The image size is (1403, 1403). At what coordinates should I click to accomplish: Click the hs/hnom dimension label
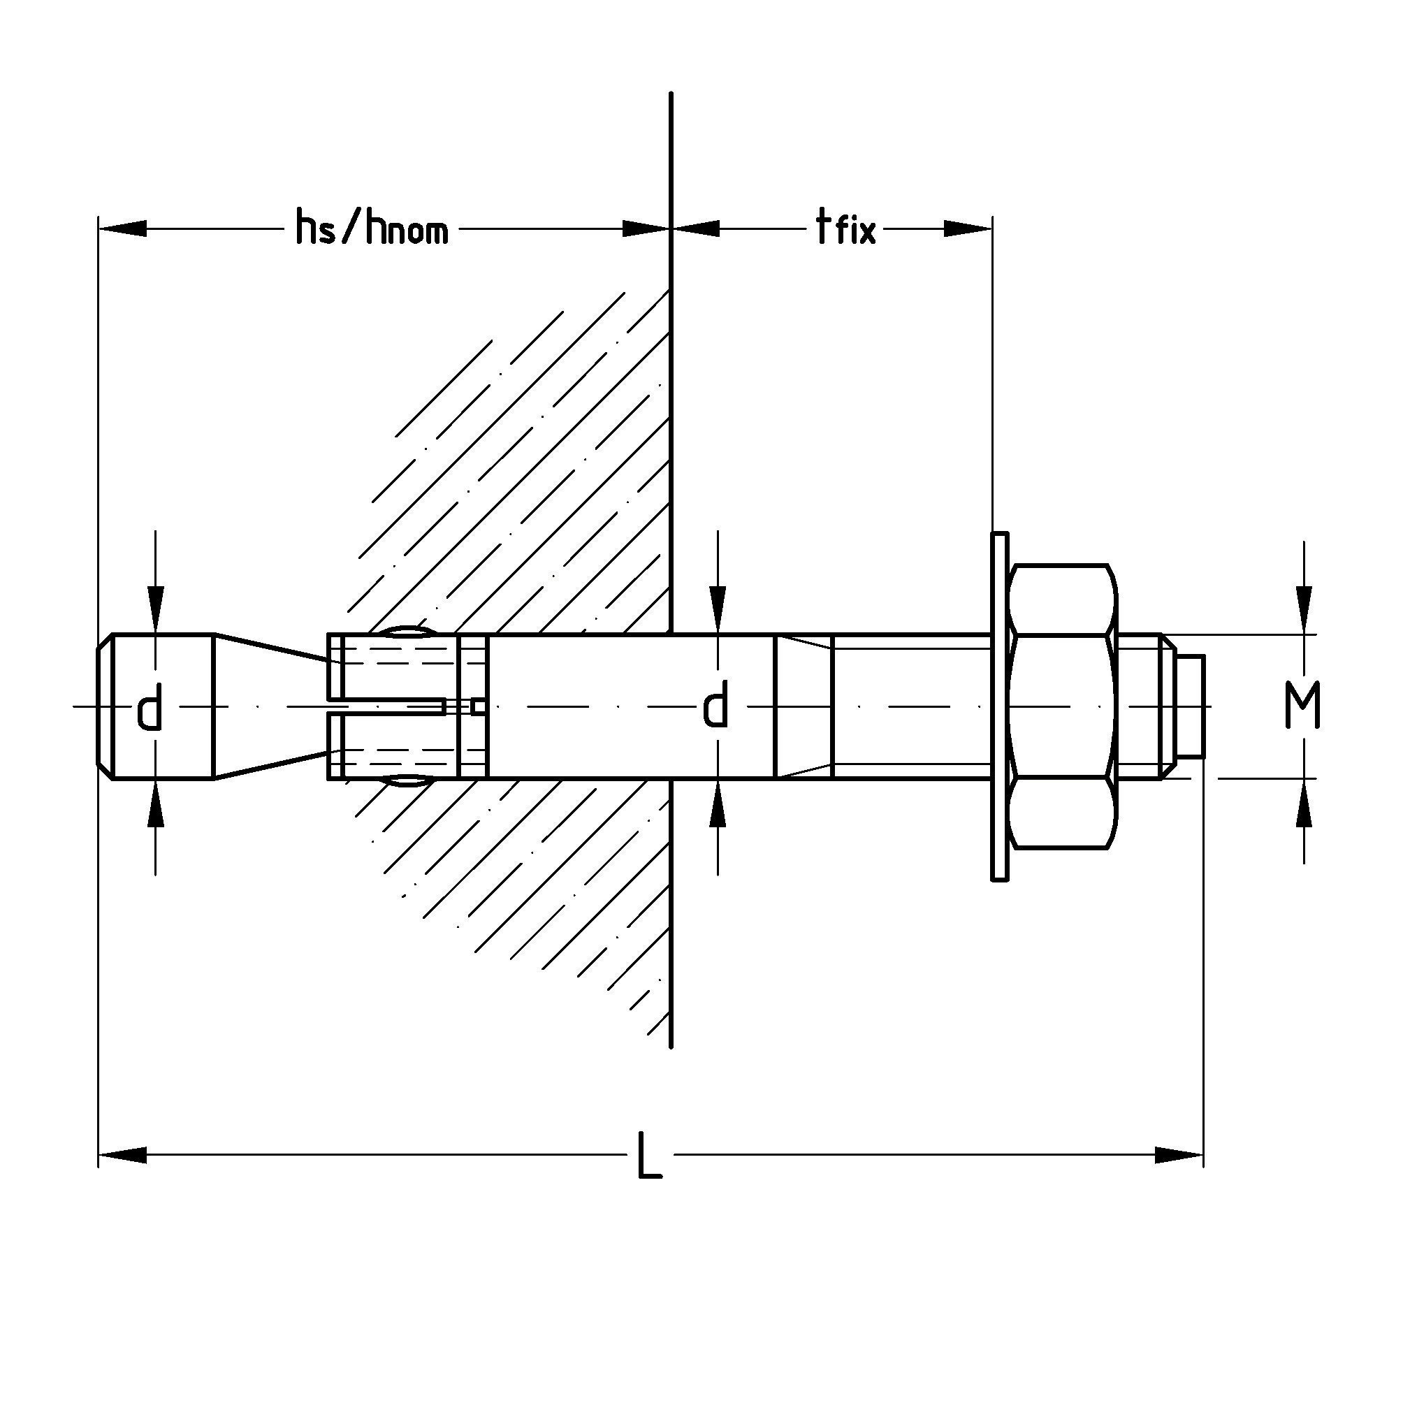pos(372,228)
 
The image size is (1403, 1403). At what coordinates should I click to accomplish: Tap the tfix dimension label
pos(846,228)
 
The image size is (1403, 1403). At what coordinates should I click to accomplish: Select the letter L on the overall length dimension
pos(649,1155)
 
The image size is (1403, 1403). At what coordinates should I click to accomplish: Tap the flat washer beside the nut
pos(1000,706)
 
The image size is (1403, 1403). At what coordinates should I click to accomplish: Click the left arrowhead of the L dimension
pos(122,1155)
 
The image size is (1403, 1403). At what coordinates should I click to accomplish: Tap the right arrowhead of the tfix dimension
pos(967,228)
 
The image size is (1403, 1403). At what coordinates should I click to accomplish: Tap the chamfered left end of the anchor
pos(105,706)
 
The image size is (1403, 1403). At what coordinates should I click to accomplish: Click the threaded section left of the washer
pos(911,706)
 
